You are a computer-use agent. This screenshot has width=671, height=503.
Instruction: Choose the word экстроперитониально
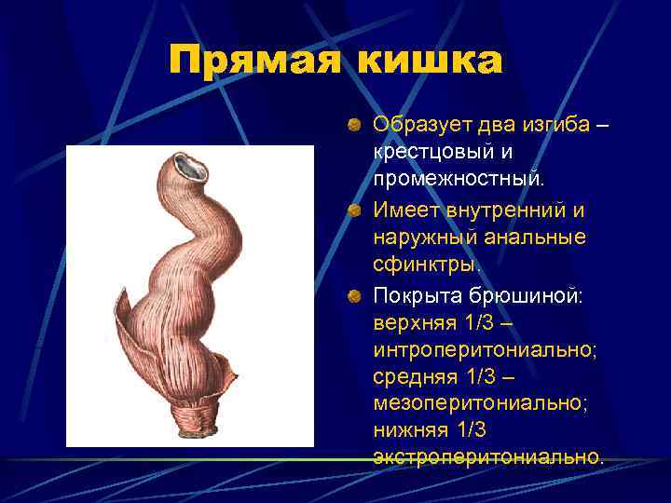click(x=487, y=456)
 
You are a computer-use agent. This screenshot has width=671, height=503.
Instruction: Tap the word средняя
click(x=411, y=376)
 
